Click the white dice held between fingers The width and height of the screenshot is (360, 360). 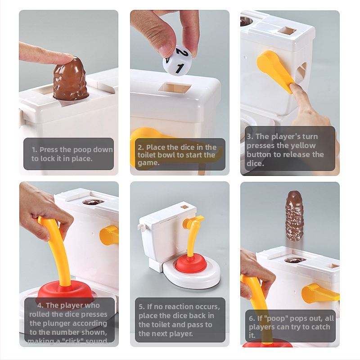[x=177, y=60]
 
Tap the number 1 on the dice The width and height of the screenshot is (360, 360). [x=179, y=68]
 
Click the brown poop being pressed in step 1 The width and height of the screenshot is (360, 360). [x=70, y=79]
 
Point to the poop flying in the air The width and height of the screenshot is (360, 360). [x=294, y=216]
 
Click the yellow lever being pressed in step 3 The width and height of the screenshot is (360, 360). [x=275, y=70]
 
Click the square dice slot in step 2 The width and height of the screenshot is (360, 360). [x=175, y=88]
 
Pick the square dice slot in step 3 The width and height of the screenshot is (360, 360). [x=287, y=31]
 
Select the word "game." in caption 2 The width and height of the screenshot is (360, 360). [x=148, y=163]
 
